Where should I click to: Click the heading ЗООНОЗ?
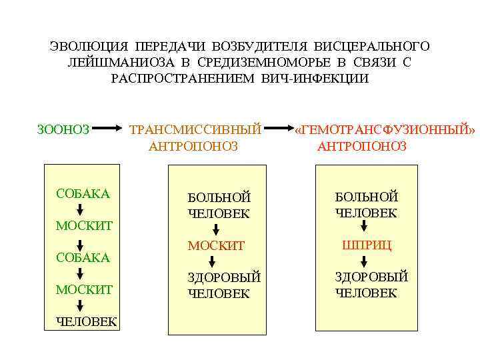pyautogui.click(x=63, y=129)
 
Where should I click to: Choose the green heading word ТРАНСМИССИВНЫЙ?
pyautogui.click(x=195, y=129)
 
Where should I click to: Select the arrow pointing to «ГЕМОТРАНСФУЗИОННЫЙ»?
pyautogui.click(x=283, y=129)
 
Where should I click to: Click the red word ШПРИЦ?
pyautogui.click(x=366, y=245)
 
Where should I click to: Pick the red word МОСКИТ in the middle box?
pyautogui.click(x=216, y=246)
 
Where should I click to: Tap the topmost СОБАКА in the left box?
pyautogui.click(x=83, y=194)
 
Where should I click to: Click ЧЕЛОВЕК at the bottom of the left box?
pyautogui.click(x=86, y=323)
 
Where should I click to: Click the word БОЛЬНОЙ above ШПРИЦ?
pyautogui.click(x=366, y=197)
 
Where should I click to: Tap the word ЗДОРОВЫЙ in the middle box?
pyautogui.click(x=223, y=278)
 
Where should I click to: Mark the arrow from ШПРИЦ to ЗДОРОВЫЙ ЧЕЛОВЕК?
pyautogui.click(x=364, y=261)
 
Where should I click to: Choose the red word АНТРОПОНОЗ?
pyautogui.click(x=361, y=146)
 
